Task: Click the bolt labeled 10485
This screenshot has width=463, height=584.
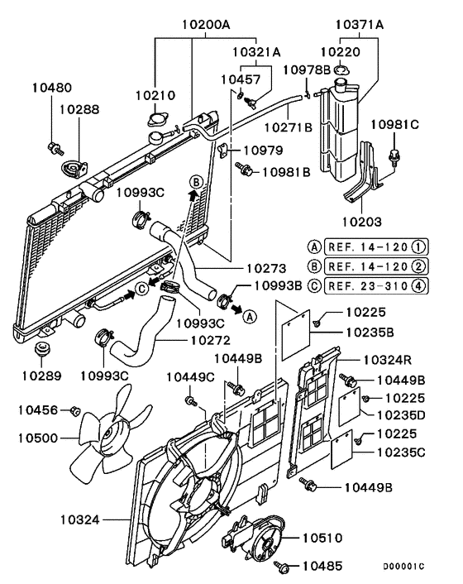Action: pyautogui.click(x=286, y=567)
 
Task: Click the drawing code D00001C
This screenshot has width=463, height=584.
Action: pyautogui.click(x=403, y=567)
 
